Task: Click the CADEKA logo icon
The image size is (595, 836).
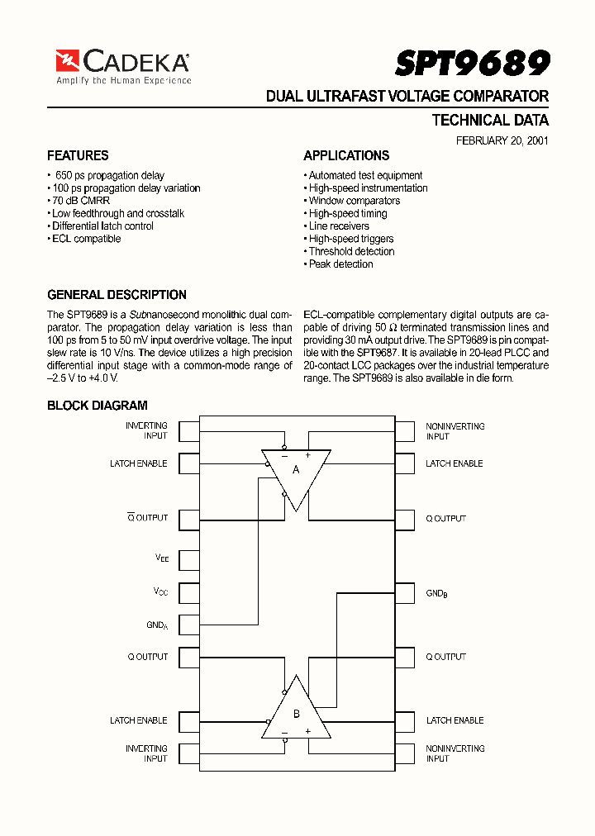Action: pos(67,61)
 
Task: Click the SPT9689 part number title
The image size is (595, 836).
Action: pos(472,63)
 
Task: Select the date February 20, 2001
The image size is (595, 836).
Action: pos(502,140)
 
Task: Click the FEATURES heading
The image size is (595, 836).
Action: pos(78,155)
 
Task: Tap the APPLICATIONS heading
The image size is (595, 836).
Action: pos(346,155)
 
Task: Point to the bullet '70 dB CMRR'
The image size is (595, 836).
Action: pos(80,201)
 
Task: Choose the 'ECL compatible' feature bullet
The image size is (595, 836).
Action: pos(85,239)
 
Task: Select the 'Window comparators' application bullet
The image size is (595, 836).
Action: pos(353,201)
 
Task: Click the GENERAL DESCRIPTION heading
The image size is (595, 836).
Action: pos(117,295)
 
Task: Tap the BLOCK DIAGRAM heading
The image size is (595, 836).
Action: pos(97,406)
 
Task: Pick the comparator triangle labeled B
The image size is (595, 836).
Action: pos(296,710)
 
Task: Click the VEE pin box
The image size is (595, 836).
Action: pos(189,560)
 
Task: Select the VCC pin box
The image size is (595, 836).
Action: pos(189,593)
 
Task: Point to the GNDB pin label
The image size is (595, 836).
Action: pos(436,594)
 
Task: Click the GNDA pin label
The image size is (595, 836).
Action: pos(157,625)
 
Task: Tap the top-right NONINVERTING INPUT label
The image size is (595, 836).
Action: pos(455,431)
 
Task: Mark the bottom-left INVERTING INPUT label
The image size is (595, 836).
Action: pos(146,753)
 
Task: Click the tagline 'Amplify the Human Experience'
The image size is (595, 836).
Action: pos(123,81)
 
